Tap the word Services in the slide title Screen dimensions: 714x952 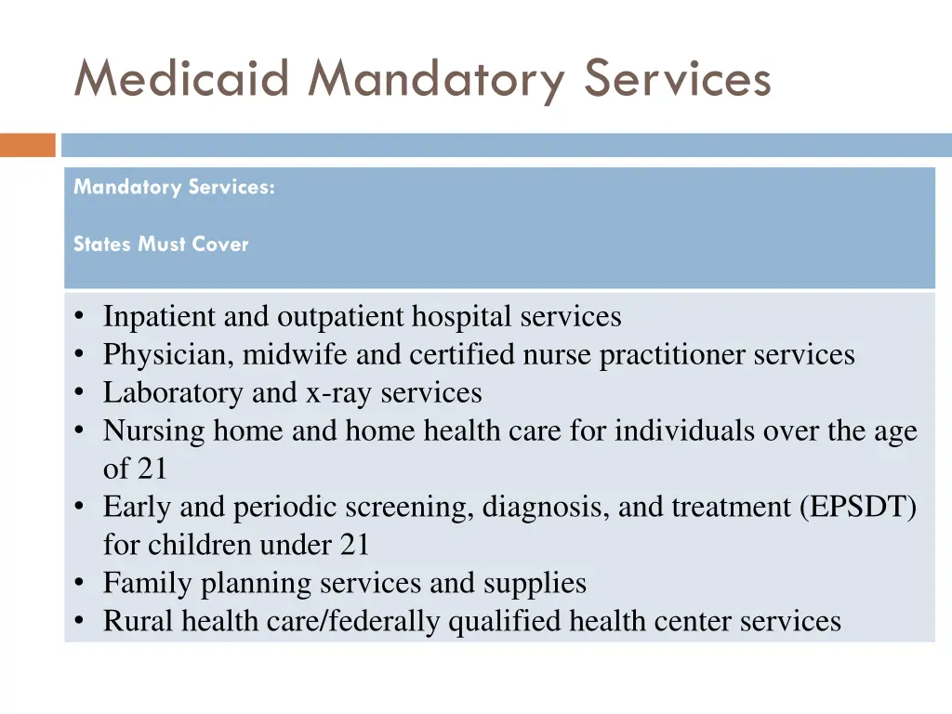[x=678, y=78]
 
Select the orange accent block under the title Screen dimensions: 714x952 [x=28, y=146]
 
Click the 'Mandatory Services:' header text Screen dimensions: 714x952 [x=174, y=187]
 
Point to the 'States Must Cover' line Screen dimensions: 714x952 [x=161, y=245]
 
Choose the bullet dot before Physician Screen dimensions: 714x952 [x=81, y=355]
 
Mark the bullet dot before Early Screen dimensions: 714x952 [x=81, y=508]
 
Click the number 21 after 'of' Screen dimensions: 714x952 [x=152, y=469]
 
